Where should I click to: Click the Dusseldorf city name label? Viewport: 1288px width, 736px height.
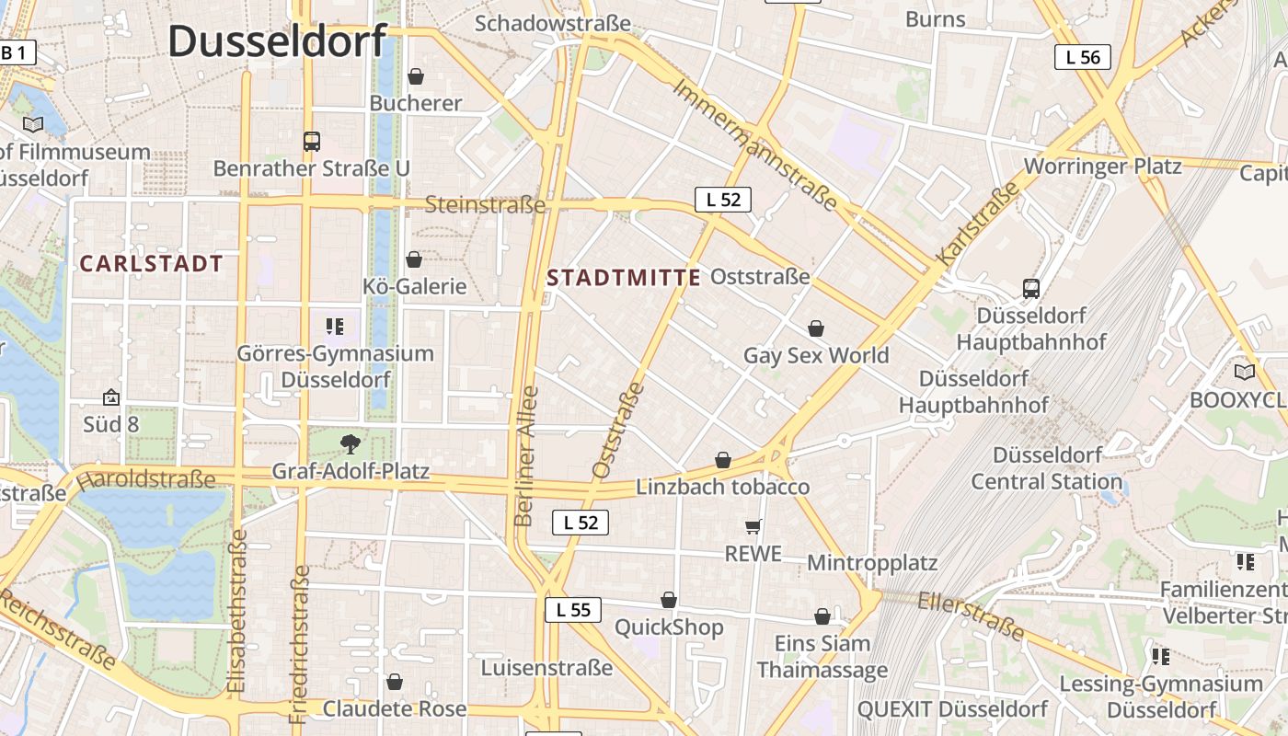[277, 41]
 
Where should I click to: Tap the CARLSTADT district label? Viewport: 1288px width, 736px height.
[151, 264]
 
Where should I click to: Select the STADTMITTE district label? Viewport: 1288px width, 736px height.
[624, 277]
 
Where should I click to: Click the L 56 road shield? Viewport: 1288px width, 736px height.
[1083, 57]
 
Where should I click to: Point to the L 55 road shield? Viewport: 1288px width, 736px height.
[573, 609]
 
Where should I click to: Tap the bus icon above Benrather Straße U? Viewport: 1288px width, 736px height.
[312, 142]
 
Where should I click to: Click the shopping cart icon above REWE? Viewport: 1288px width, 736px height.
[753, 526]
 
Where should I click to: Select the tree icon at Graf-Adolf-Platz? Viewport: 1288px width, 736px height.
[350, 444]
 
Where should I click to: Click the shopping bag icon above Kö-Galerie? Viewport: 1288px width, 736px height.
[414, 259]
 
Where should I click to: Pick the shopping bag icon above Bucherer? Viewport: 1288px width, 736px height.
[416, 75]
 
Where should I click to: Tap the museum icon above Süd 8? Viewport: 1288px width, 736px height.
[111, 397]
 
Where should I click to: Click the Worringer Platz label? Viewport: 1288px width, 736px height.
[1102, 167]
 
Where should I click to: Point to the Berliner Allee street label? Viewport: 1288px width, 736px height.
[526, 456]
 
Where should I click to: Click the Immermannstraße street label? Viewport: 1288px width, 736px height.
[755, 145]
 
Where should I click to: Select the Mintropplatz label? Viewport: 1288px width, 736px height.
[872, 562]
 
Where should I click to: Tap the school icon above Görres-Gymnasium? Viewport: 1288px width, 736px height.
[335, 326]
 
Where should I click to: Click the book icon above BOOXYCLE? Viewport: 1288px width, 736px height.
[1244, 373]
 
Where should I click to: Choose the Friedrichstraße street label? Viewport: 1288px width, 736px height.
[300, 643]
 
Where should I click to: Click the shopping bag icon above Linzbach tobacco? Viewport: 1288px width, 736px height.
[723, 460]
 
